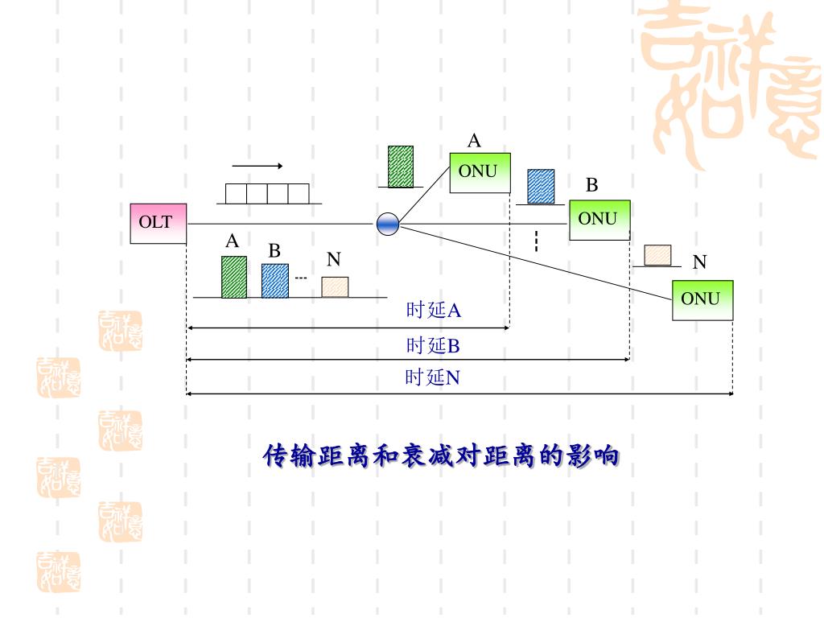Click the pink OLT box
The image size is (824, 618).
pos(158,223)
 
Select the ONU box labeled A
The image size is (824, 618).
pos(479,172)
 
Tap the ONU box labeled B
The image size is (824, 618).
pos(599,220)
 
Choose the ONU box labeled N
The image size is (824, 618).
pos(702,299)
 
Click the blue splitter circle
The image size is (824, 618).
pos(388,225)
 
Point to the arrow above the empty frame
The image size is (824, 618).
pos(257,167)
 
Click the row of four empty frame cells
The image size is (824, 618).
pos(267,193)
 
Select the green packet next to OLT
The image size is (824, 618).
pos(234,277)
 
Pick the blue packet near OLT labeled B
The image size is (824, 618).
pos(274,280)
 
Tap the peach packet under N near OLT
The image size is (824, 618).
pos(335,286)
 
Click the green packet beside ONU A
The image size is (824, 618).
pos(401,167)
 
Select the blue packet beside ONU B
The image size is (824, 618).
pos(541,186)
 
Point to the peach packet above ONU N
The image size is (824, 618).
pos(658,255)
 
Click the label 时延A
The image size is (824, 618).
pos(433,311)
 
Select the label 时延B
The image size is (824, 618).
pos(433,346)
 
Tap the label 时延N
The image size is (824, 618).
pos(432,377)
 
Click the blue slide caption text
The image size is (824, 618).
pos(442,456)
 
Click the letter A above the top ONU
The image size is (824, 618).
pos(475,142)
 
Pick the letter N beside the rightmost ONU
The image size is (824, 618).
pos(699,262)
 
